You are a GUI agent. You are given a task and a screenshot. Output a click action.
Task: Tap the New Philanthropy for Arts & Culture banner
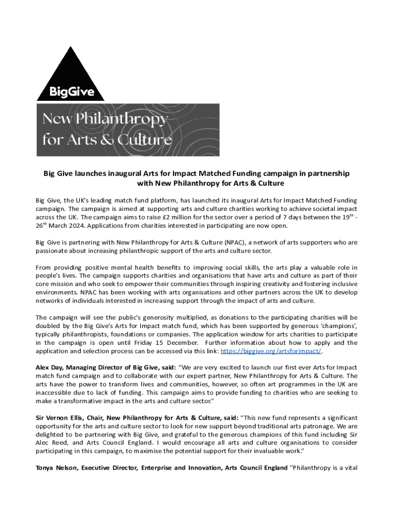click(128, 130)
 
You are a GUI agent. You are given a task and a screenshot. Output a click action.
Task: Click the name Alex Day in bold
click(49, 367)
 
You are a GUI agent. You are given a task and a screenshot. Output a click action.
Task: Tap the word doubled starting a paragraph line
click(49, 326)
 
